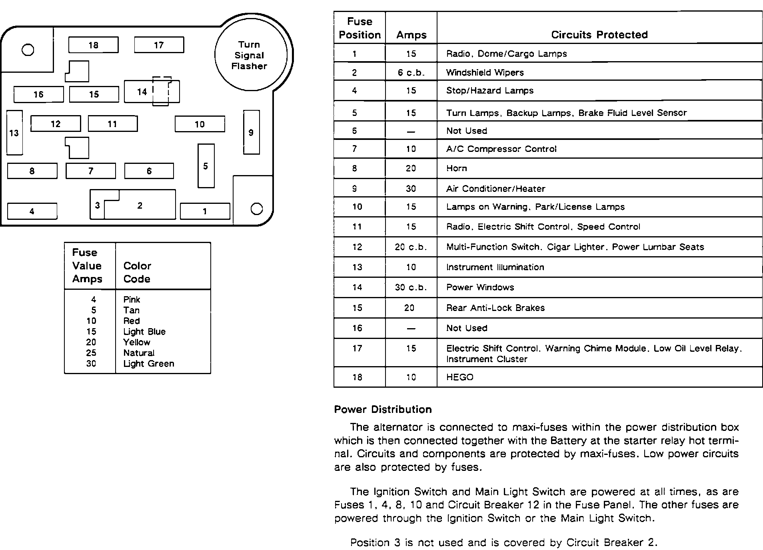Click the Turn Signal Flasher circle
click(x=251, y=55)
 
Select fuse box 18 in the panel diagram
click(x=94, y=45)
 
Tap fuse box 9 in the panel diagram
click(x=251, y=132)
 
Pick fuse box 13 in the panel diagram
click(x=14, y=133)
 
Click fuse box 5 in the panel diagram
click(x=206, y=166)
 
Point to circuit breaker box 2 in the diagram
click(x=140, y=205)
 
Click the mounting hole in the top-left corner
click(x=28, y=50)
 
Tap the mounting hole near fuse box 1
click(x=256, y=209)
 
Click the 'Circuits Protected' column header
click(x=599, y=35)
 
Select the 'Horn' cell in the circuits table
click(x=457, y=168)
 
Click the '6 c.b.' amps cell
click(x=411, y=72)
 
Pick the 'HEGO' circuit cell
click(x=460, y=377)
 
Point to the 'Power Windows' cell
click(x=480, y=287)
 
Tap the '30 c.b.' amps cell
click(x=411, y=287)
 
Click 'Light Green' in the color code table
click(x=149, y=364)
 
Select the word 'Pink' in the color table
click(x=132, y=299)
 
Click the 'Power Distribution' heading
click(x=383, y=409)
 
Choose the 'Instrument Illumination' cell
click(x=495, y=267)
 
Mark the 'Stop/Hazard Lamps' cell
click(x=490, y=90)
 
